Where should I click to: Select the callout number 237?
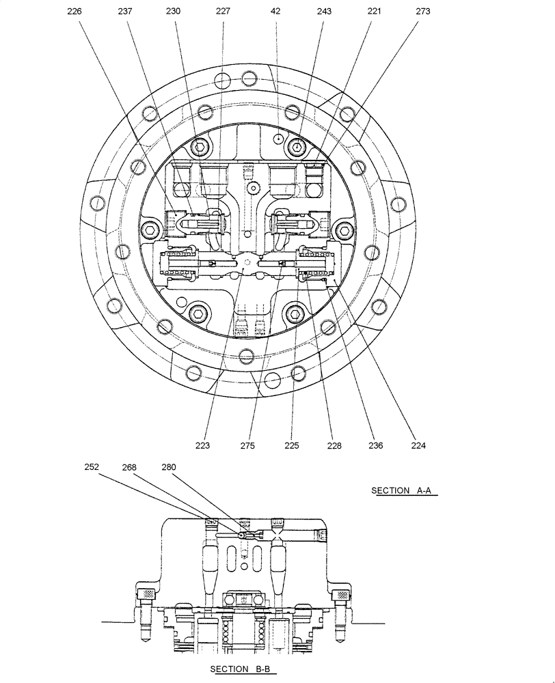point(124,12)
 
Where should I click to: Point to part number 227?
point(223,12)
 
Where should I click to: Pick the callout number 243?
point(324,12)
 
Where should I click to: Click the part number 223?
point(202,446)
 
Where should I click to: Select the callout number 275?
point(247,446)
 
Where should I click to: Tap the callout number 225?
point(292,446)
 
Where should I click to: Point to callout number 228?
point(334,446)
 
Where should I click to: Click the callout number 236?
point(375,446)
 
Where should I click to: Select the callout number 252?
point(92,467)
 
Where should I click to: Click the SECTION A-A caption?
point(404,490)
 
